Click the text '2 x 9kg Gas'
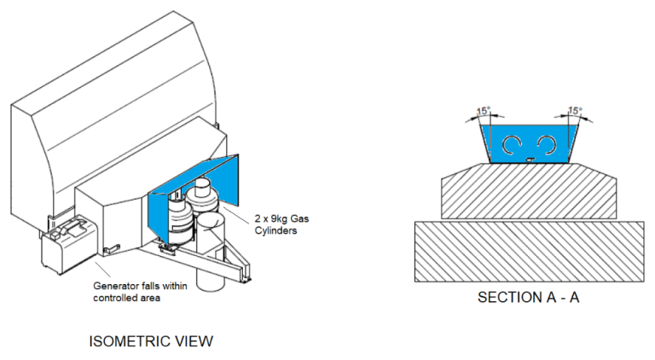point(282,218)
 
